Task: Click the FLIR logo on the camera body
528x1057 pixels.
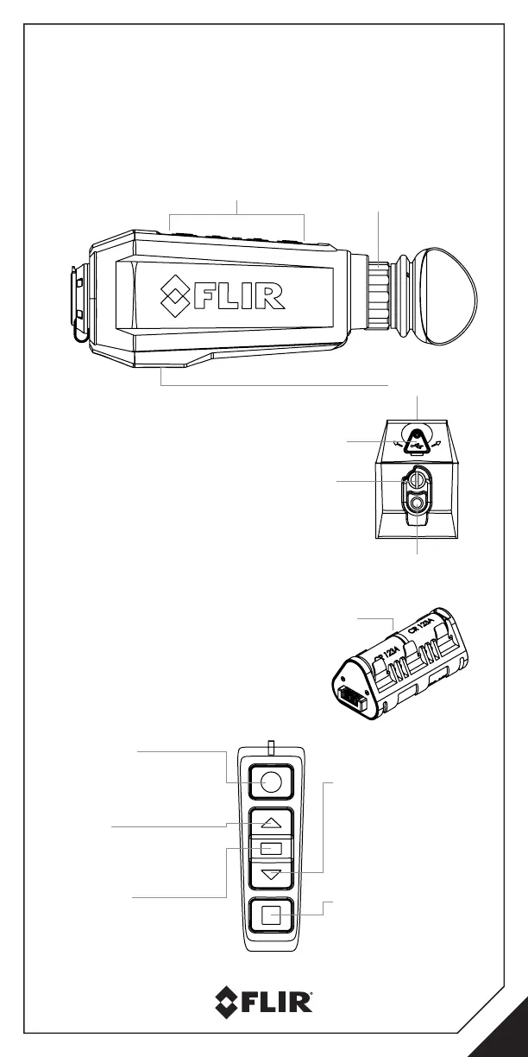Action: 223,296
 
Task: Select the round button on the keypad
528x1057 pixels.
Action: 271,782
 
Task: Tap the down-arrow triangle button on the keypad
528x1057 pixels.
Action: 271,874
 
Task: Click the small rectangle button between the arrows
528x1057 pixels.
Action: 271,849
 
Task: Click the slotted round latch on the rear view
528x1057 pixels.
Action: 416,478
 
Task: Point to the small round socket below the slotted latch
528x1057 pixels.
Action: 418,503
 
